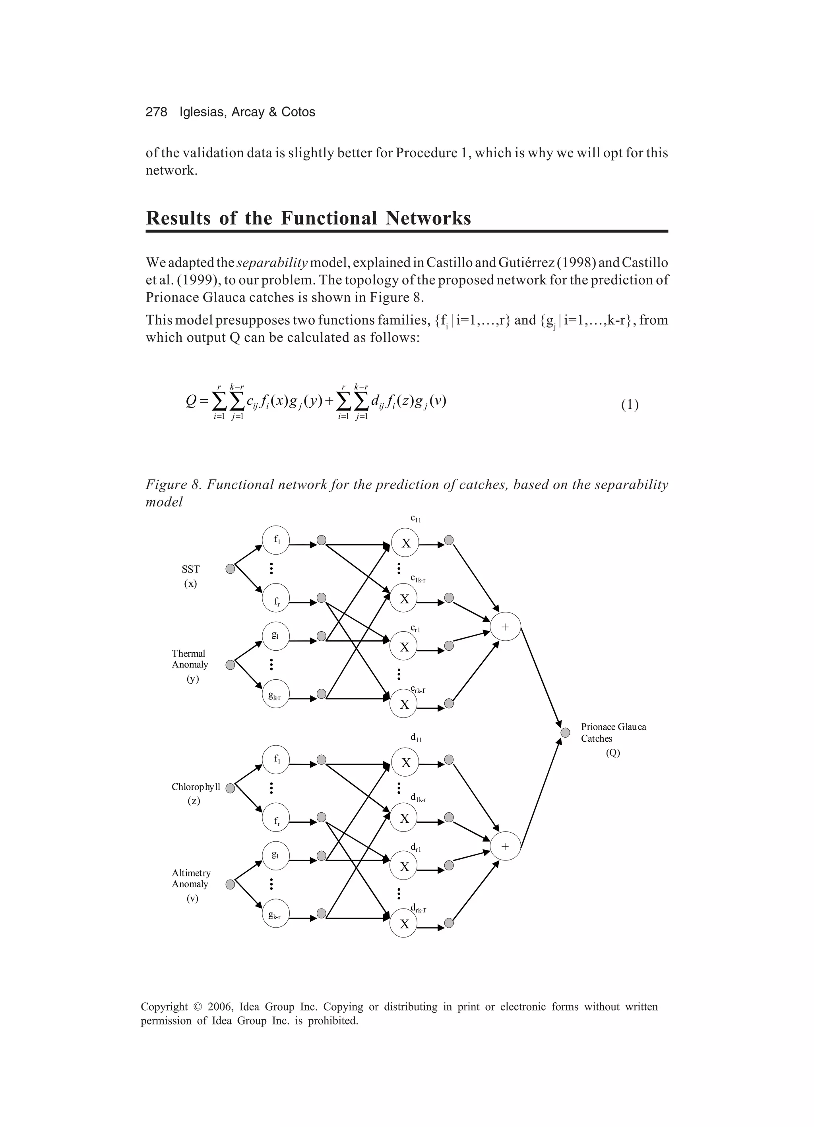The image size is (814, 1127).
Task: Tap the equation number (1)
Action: coord(630,405)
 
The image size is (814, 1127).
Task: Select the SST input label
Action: coord(190,570)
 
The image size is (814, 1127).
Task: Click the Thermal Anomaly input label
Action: coord(190,659)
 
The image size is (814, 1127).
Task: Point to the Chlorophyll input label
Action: coord(196,787)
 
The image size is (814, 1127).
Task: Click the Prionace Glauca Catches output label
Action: coord(613,733)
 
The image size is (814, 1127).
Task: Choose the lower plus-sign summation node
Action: coord(505,846)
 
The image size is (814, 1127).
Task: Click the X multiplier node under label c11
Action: coord(405,543)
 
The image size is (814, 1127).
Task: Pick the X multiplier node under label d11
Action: coord(405,763)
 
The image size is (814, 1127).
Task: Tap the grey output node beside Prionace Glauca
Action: coord(565,733)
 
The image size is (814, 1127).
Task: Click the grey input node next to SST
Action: coord(230,569)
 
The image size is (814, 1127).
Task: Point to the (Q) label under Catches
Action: coord(612,752)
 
